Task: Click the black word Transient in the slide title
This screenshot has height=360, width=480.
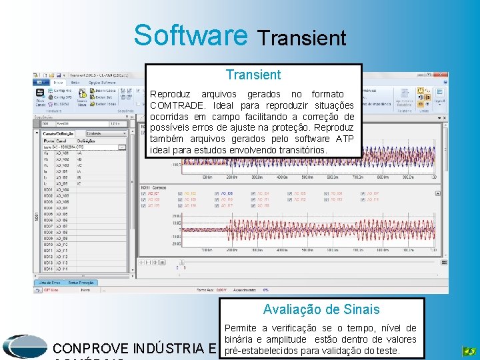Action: tap(301, 38)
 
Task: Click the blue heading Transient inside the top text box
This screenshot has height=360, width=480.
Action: tap(253, 75)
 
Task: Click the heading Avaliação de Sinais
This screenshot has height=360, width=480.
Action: tap(321, 309)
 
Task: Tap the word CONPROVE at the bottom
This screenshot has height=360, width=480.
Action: tap(91, 348)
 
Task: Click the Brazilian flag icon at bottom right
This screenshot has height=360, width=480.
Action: tap(469, 351)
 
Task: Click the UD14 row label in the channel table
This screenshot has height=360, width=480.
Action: tap(47, 269)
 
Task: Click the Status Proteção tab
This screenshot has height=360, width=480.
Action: tap(82, 282)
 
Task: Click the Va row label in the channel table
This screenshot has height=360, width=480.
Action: tap(45, 152)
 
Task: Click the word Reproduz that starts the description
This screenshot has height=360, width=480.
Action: tap(170, 95)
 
